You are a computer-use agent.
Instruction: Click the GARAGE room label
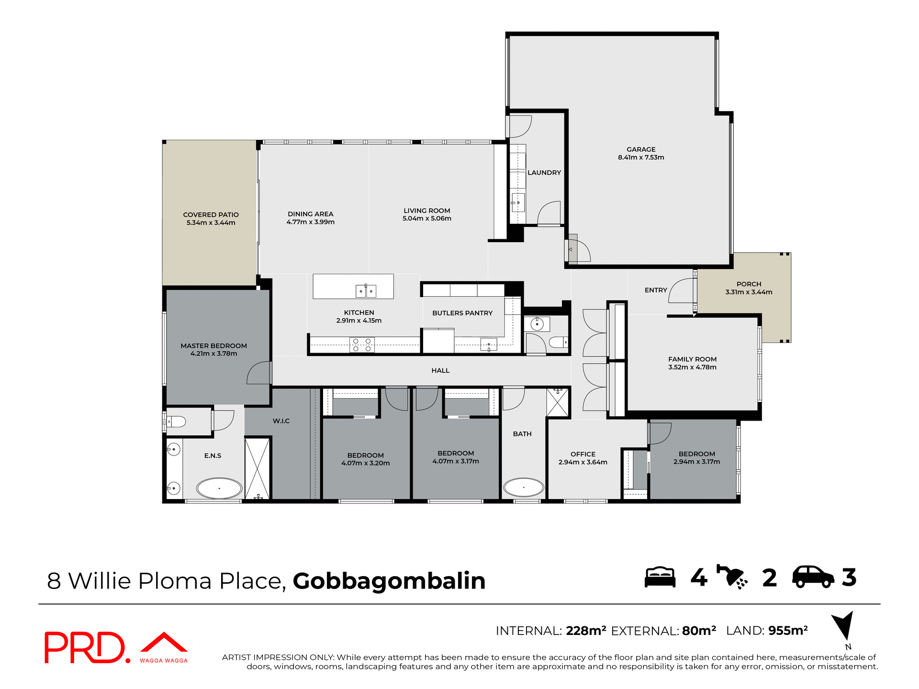click(641, 149)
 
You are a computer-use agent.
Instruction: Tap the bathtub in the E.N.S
click(219, 489)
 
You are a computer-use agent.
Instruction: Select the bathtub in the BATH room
click(524, 488)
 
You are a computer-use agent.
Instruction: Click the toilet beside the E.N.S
click(177, 422)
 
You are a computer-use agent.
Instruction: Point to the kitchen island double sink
click(366, 291)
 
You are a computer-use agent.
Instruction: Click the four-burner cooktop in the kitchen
click(362, 344)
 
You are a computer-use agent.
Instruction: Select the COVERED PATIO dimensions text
click(211, 222)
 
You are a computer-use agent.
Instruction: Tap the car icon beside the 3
click(813, 577)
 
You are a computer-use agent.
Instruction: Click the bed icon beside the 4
click(660, 577)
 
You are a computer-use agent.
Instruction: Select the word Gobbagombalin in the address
click(389, 581)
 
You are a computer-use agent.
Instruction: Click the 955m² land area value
click(788, 631)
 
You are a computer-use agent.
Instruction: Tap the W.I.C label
click(281, 421)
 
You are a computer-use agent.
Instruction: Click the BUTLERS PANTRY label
click(462, 313)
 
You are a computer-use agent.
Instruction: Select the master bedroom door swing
click(259, 373)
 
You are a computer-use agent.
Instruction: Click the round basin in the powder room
click(537, 324)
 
